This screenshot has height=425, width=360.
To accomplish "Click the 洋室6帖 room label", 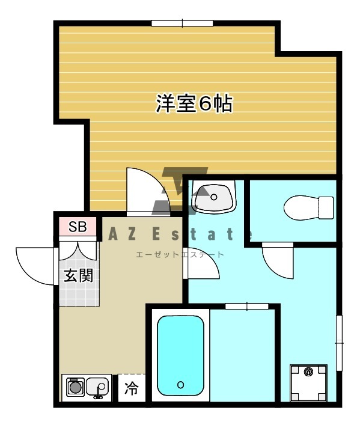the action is point(194,103).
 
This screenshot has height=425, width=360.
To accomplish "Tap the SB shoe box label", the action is point(78,227).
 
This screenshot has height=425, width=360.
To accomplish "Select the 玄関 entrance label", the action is point(78,275).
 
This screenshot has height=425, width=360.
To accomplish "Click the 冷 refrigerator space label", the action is point(132,388).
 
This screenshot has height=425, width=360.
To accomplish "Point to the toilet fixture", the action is point(308,208).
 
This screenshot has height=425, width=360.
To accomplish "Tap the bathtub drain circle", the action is point(180,384).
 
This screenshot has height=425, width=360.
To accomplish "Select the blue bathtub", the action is point(180,356).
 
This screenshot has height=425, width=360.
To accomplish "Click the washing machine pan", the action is point(308,383).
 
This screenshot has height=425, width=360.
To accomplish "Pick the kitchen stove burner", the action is point(74,387).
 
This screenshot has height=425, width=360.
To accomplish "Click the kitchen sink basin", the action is point(97,387).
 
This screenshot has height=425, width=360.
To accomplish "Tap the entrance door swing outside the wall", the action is point(35,266).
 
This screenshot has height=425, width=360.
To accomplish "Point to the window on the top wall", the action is point(182,23).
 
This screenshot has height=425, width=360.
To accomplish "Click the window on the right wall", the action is point(339,343).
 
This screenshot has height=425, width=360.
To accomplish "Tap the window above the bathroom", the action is point(247,307).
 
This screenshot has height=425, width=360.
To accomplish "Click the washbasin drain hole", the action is point(214,197).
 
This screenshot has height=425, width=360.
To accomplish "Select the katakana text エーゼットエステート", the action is point(180,254).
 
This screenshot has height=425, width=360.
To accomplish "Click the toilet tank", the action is point(326,208).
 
